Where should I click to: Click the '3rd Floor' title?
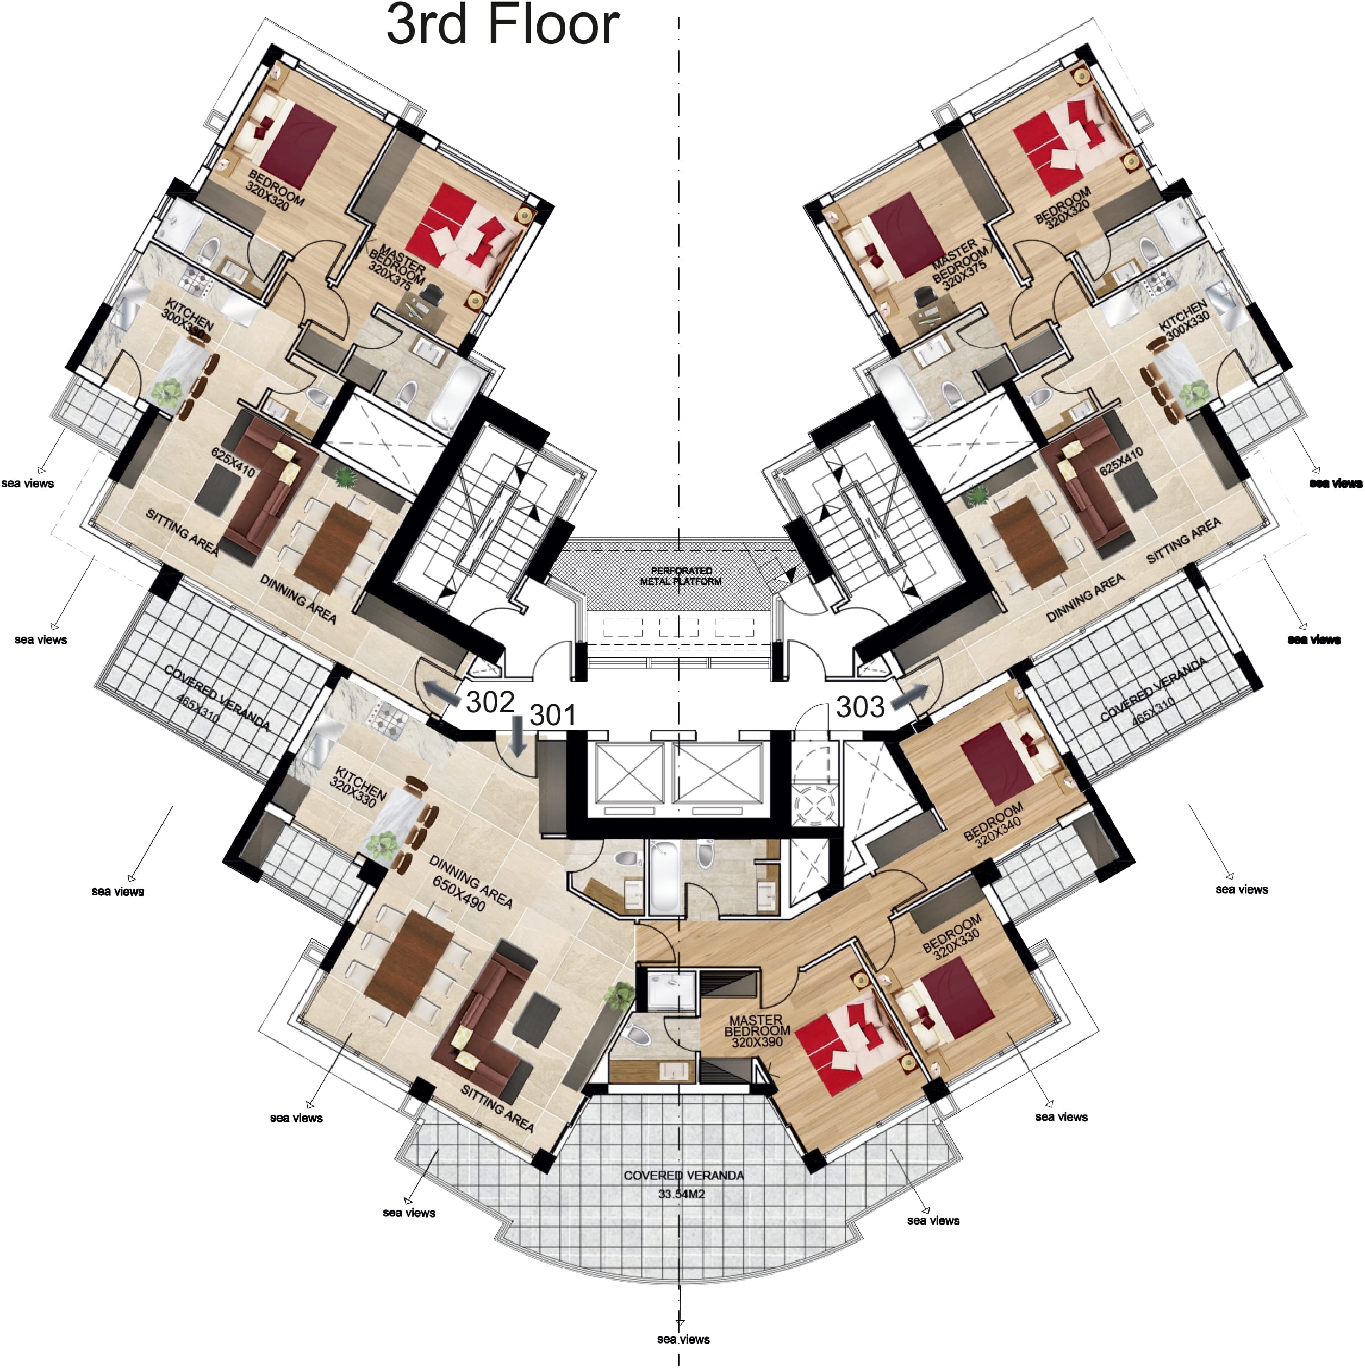click(x=503, y=26)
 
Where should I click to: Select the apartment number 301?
click(x=552, y=715)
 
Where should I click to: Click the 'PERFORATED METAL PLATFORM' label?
click(x=681, y=576)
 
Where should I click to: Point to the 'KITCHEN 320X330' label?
click(x=358, y=786)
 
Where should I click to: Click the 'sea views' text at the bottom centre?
click(x=683, y=1339)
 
